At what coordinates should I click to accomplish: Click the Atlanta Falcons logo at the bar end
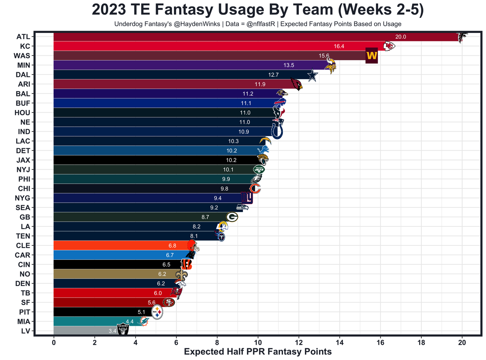(462, 37)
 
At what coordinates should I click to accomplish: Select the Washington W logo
(371, 56)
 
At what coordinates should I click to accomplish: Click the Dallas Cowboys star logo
(312, 75)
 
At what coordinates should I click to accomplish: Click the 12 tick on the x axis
(299, 343)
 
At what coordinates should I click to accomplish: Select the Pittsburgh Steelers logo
(157, 312)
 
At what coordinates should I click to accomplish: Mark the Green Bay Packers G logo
(232, 217)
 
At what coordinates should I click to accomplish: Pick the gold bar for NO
(114, 274)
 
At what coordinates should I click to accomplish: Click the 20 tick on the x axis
(462, 343)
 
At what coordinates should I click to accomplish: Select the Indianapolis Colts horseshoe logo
(277, 132)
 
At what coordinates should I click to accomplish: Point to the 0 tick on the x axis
(54, 343)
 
